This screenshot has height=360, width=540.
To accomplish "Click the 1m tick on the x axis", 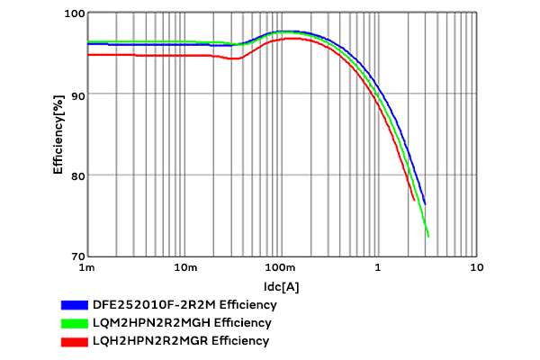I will point(87,268).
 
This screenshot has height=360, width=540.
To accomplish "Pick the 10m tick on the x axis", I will point(184,268).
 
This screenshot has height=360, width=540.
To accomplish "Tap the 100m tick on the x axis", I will point(282,268).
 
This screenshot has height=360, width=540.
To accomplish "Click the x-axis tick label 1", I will point(379,268).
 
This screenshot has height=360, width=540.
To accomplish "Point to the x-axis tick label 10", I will point(476,268).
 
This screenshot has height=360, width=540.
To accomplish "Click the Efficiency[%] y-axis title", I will point(58,135).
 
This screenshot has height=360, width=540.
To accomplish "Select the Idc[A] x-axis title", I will point(282,286).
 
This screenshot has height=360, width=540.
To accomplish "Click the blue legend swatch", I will point(74,304).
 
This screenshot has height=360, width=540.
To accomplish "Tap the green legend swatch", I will point(74,322).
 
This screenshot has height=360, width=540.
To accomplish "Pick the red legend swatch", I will point(74,340).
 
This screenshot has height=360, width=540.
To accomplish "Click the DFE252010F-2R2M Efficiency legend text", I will point(184,304).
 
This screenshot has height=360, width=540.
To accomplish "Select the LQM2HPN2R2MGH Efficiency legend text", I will point(182,322).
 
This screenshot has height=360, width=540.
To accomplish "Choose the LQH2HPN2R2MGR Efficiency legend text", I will point(181,340).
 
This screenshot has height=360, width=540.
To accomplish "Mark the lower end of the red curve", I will point(414,200).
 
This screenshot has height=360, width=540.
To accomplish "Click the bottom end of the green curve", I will point(428,237).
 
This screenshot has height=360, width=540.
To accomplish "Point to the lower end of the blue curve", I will point(425,204).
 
